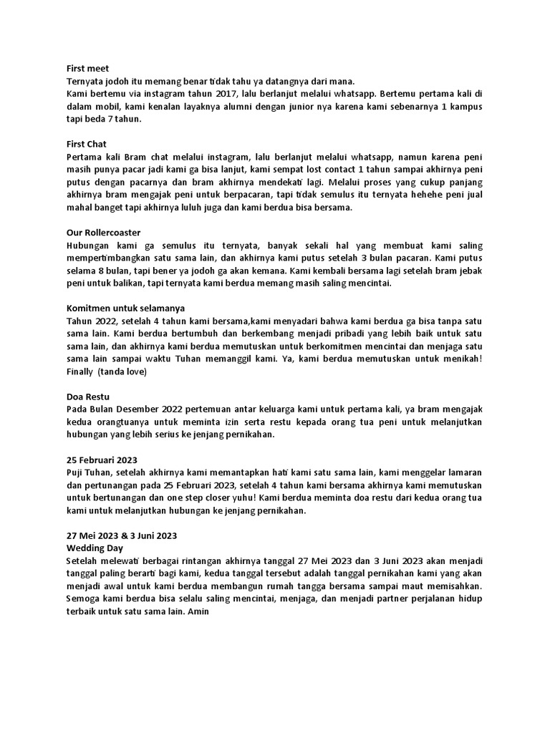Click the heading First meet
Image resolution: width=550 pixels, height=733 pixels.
point(87,69)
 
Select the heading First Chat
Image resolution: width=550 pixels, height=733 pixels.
point(87,144)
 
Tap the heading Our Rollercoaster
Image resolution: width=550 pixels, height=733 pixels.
point(103,233)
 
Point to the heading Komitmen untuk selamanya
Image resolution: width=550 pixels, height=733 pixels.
point(120,309)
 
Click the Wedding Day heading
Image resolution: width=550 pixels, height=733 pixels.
point(95,546)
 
